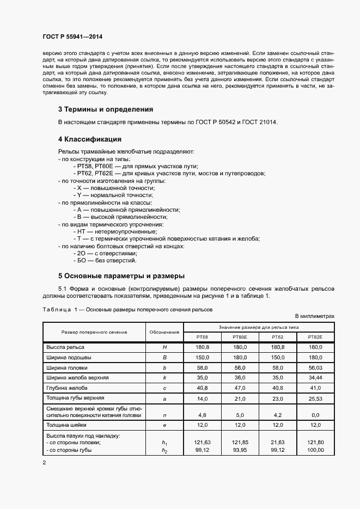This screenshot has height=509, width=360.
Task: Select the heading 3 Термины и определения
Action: tap(106, 109)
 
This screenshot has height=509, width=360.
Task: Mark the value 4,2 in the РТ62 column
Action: tap(277, 415)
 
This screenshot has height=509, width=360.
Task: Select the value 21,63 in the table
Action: tap(277, 443)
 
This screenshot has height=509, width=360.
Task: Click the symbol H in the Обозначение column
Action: tap(164, 347)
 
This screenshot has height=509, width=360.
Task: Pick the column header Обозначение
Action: tap(164, 332)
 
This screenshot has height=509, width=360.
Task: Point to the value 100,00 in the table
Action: tap(315, 450)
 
